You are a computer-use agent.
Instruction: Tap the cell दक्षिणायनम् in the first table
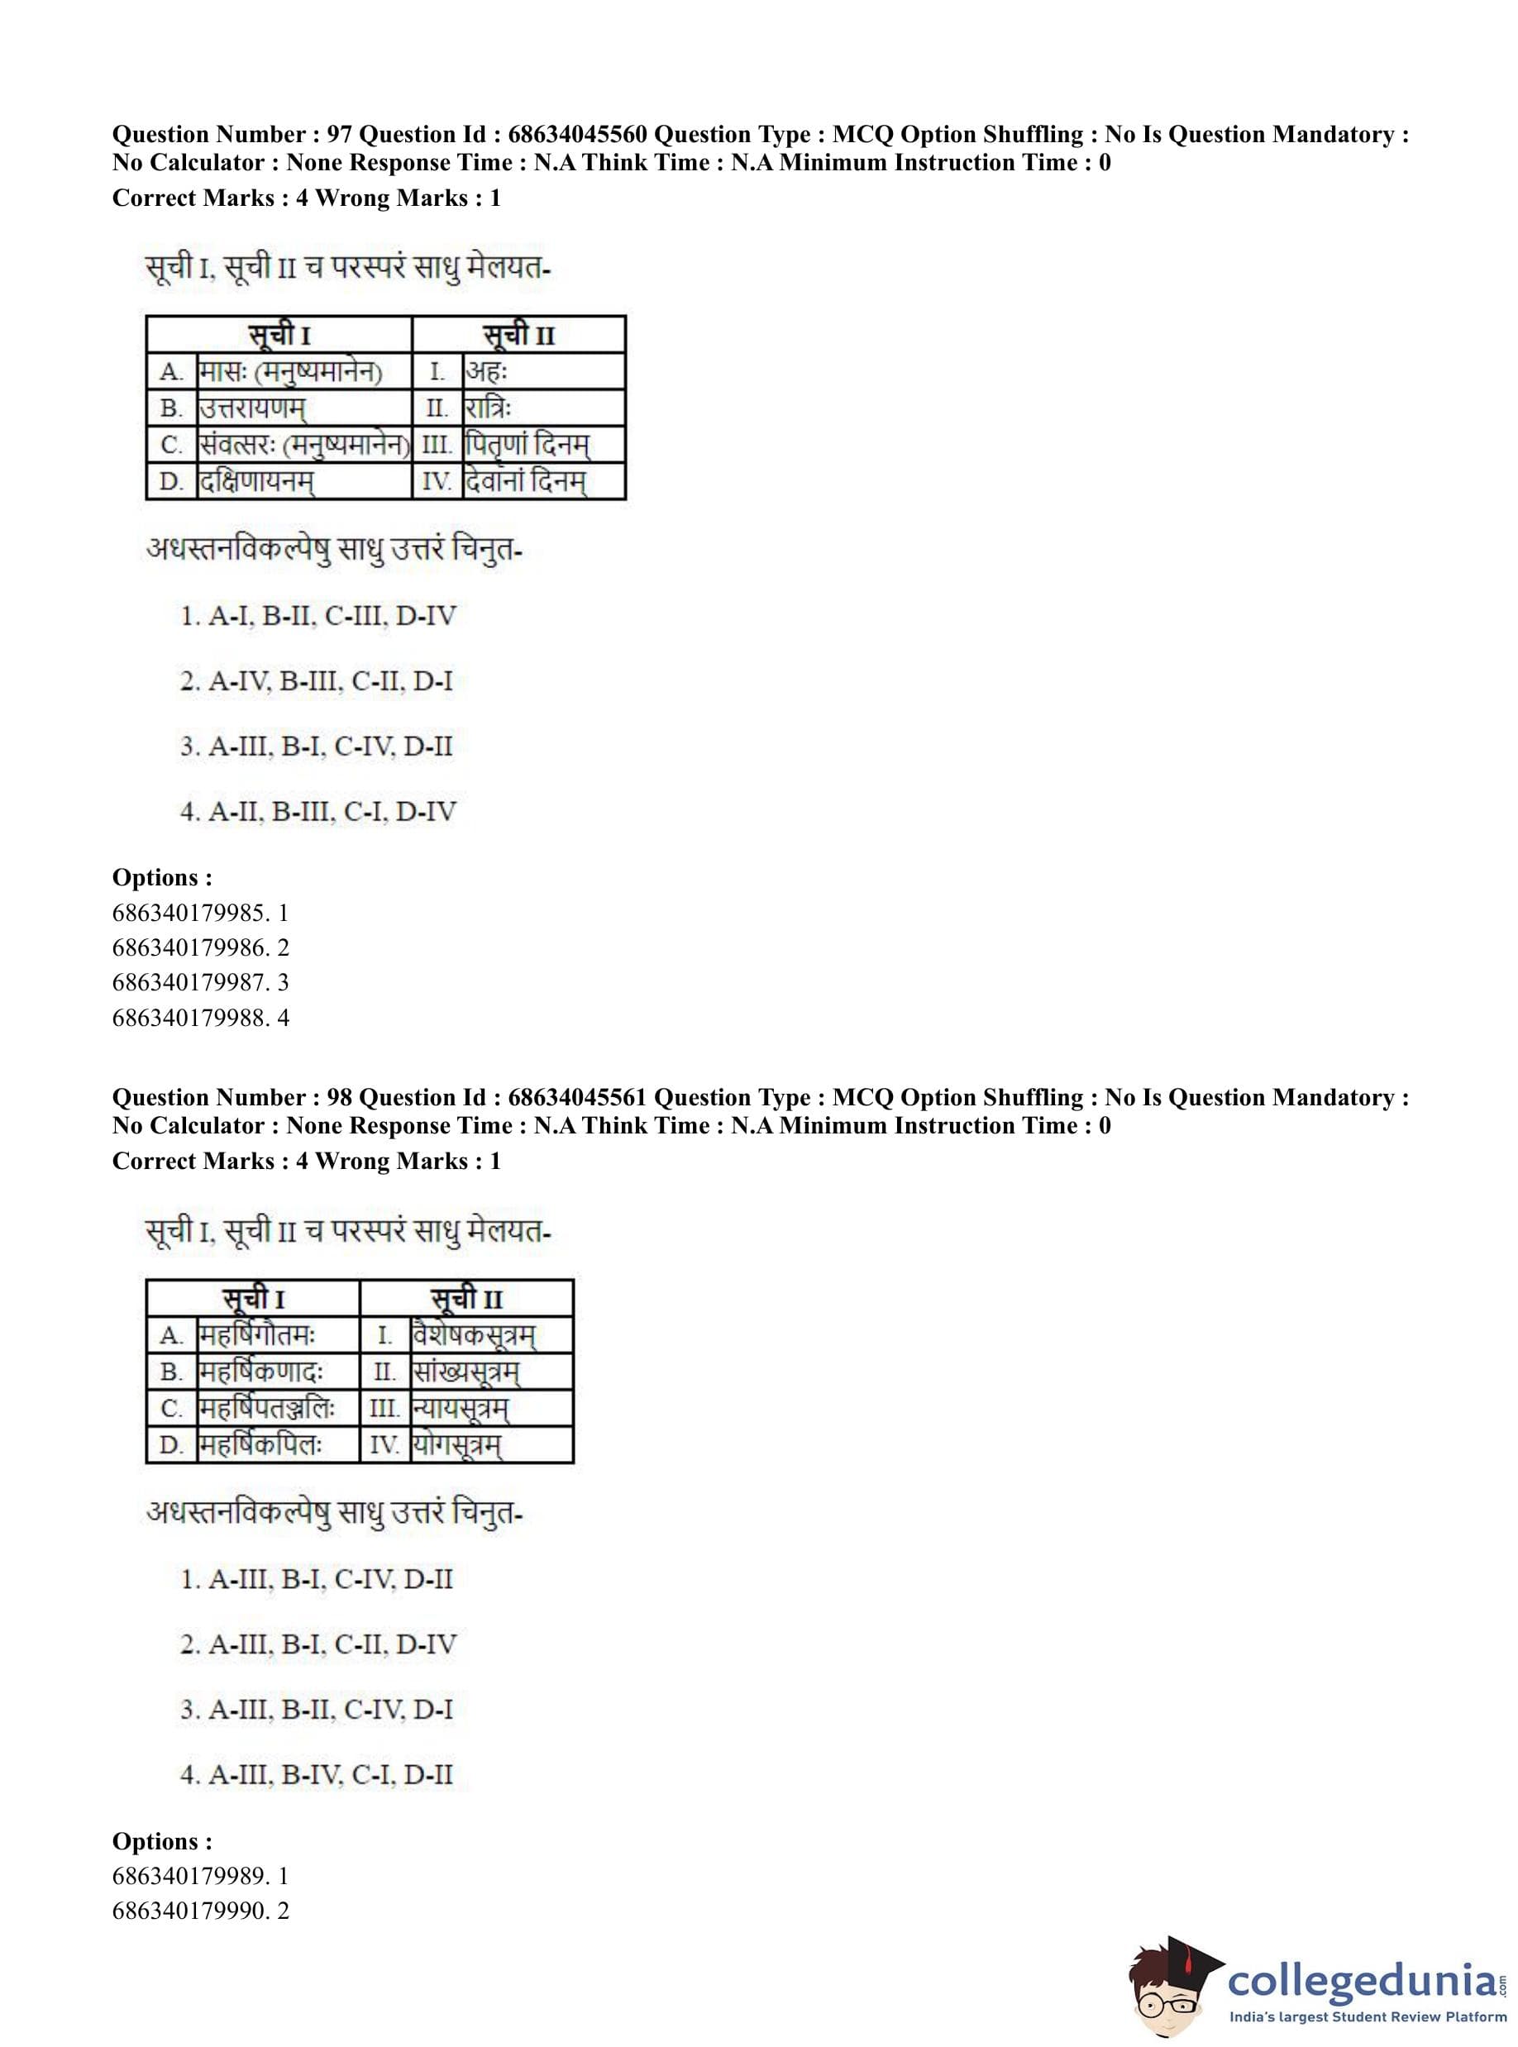(256, 481)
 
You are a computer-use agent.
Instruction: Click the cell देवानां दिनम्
(525, 481)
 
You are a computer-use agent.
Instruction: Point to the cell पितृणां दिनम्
(527, 445)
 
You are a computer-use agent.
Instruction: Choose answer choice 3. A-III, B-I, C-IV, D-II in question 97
(317, 747)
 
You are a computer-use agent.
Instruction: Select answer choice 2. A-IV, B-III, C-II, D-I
(317, 682)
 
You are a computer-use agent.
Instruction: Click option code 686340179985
(191, 914)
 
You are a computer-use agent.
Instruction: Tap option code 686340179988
(191, 1018)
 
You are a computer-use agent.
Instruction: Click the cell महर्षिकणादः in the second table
(262, 1372)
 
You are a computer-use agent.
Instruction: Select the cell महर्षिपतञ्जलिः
(267, 1409)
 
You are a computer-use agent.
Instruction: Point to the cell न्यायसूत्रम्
(461, 1409)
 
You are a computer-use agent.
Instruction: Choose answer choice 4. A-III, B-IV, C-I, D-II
(317, 1775)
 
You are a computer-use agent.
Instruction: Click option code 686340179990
(191, 1911)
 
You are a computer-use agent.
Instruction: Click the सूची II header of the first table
(519, 336)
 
